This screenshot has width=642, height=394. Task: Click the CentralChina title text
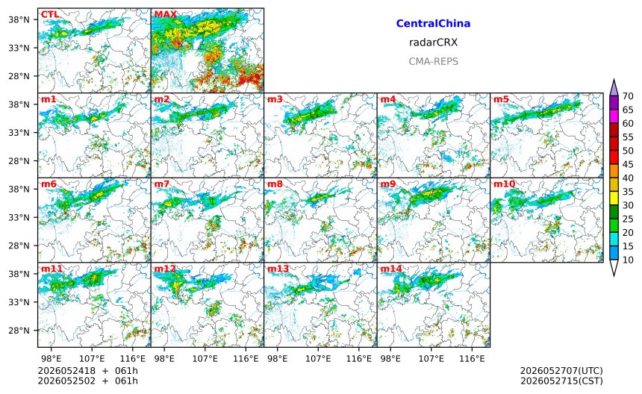click(x=433, y=23)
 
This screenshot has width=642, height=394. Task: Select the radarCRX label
click(x=433, y=42)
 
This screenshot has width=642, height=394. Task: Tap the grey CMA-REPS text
click(x=433, y=61)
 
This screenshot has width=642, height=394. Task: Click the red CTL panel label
click(x=50, y=14)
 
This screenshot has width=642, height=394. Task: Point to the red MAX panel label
click(x=166, y=14)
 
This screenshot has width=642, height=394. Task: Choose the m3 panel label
click(x=275, y=99)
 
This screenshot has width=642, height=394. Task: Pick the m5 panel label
click(x=501, y=99)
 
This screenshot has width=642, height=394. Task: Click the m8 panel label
click(x=275, y=184)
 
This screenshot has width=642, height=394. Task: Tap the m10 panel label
click(x=504, y=184)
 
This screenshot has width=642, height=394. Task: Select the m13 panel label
click(x=278, y=269)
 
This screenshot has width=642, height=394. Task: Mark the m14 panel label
click(x=391, y=269)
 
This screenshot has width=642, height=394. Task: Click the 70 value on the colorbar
click(x=628, y=96)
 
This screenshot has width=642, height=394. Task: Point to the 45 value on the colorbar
click(x=628, y=164)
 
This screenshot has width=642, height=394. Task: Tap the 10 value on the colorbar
click(x=628, y=260)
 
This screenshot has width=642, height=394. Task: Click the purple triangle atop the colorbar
click(x=614, y=87)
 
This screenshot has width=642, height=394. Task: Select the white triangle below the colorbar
click(x=614, y=268)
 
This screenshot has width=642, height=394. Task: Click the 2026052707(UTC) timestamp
click(x=561, y=371)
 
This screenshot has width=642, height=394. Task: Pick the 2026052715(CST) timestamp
click(x=561, y=381)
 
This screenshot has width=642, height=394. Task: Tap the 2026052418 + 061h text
click(x=87, y=371)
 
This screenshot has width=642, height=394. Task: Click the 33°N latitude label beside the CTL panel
click(x=19, y=48)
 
